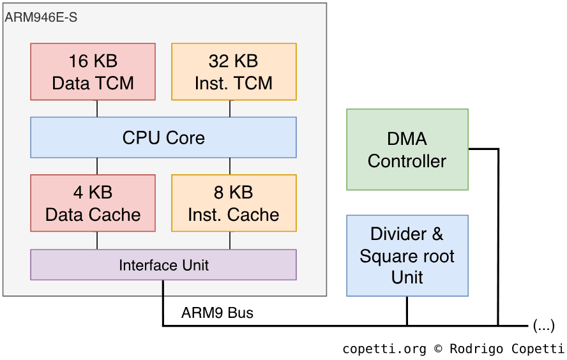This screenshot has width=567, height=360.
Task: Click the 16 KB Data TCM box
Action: click(x=93, y=71)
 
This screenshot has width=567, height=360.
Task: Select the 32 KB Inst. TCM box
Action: click(x=234, y=71)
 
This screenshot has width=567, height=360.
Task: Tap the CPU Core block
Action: click(x=163, y=137)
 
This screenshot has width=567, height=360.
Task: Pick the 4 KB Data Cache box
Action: click(x=93, y=203)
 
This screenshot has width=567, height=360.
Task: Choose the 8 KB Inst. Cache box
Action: click(x=234, y=203)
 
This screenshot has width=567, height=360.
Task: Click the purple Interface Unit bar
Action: click(x=163, y=265)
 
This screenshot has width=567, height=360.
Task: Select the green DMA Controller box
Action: click(x=407, y=149)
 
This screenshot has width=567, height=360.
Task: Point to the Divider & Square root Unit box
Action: click(x=407, y=255)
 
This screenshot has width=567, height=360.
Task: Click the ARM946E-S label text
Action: click(x=42, y=17)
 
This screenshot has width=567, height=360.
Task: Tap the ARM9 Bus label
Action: click(x=217, y=313)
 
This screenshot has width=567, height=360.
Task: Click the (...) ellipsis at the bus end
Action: click(x=543, y=326)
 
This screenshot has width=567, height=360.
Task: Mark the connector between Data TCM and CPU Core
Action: click(x=97, y=109)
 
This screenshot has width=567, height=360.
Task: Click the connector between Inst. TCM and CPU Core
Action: click(x=230, y=109)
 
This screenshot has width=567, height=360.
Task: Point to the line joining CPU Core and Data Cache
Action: click(x=97, y=166)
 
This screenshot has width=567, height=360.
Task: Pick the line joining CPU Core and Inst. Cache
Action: click(x=230, y=166)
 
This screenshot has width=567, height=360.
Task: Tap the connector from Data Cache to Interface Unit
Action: click(x=97, y=240)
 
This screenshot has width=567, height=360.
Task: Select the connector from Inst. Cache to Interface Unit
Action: click(x=230, y=240)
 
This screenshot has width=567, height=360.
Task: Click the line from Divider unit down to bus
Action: click(x=407, y=311)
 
